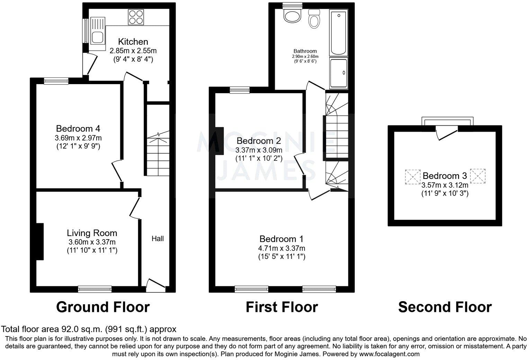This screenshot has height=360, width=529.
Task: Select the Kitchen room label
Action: [133, 42]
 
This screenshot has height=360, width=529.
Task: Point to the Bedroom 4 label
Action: [78, 129]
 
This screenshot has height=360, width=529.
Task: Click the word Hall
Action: [158, 238]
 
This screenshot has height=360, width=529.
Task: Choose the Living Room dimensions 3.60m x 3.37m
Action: [92, 242]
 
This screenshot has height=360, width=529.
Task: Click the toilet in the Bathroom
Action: [314, 19]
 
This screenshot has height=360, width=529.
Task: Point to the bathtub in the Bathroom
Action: [338, 33]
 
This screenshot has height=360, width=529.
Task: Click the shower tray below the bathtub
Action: [338, 73]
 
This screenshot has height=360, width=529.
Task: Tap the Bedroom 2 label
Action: [259, 141]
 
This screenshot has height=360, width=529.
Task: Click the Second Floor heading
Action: [445, 307]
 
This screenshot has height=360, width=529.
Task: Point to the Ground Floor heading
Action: [103, 307]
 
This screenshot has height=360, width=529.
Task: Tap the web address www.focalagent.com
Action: [389, 354]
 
